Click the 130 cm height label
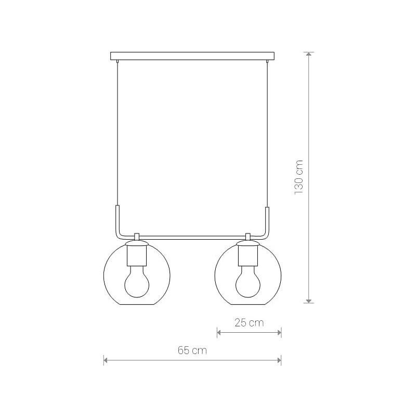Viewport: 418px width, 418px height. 299,177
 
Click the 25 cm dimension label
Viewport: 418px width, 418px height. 249,322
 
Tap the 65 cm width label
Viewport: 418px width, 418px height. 192,350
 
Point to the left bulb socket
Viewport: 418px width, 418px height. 137,255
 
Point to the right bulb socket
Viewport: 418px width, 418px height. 248,255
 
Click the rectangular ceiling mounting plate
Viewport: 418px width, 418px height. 192,56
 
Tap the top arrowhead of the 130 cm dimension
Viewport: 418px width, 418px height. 309,54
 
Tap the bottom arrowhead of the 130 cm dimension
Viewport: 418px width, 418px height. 309,301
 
